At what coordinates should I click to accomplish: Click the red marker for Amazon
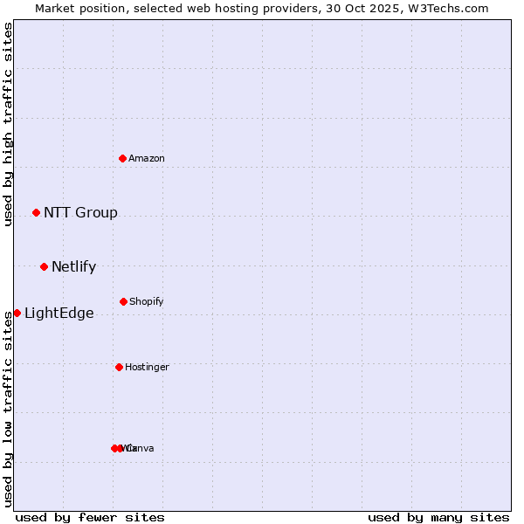pyautogui.click(x=123, y=158)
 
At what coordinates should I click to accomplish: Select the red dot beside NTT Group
pyautogui.click(x=36, y=212)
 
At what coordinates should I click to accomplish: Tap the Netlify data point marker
pyautogui.click(x=44, y=266)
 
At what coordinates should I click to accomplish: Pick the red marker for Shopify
pyautogui.click(x=123, y=301)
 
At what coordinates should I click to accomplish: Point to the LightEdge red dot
pyautogui.click(x=17, y=313)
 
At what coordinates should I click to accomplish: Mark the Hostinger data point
pyautogui.click(x=119, y=367)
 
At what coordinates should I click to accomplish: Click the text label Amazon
pyautogui.click(x=146, y=158)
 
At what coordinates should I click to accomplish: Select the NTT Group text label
pyautogui.click(x=80, y=212)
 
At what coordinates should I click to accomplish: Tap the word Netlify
pyautogui.click(x=73, y=266)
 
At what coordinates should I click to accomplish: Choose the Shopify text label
pyautogui.click(x=146, y=301)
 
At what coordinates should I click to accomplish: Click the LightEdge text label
pyautogui.click(x=59, y=313)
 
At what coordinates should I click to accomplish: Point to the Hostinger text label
pyautogui.click(x=147, y=367)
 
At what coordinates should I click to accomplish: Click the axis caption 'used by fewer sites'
pyautogui.click(x=90, y=517)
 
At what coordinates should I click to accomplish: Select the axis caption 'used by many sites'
pyautogui.click(x=438, y=517)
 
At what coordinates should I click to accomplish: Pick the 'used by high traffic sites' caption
pyautogui.click(x=8, y=124)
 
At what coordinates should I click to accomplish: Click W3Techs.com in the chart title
pyautogui.click(x=451, y=8)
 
